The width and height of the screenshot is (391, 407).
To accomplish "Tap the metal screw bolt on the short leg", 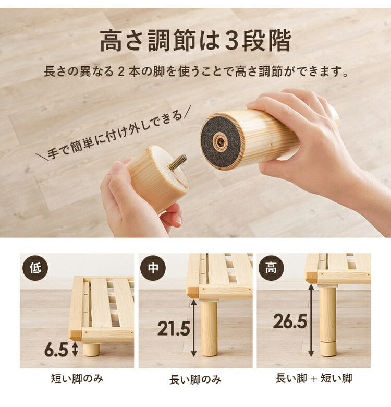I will point(177,162).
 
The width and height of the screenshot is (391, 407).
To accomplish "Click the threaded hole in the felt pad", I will point(221,141).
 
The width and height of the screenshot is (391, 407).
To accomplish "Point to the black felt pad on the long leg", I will point(221,141).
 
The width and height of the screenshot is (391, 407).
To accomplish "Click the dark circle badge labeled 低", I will point(35,268).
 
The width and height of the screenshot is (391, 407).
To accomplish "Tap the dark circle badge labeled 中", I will point(153,268).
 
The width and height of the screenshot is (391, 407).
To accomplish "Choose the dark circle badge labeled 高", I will point(271,268).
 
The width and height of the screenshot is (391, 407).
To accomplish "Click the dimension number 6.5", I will point(56,350).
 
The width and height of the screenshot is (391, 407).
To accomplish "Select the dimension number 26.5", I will point(290,321).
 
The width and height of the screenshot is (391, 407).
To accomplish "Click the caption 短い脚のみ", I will point(77,379).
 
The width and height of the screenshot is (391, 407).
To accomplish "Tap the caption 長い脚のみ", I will point(195,379).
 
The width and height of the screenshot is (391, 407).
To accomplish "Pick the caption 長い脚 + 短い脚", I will point(314,379).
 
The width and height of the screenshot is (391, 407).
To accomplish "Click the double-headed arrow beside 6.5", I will point(74,349).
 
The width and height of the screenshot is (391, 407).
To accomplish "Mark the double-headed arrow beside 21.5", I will point(194,328).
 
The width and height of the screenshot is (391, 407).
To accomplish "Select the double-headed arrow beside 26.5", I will point(311,320).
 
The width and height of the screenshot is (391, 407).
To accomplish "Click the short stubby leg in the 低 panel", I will point(91,349).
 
